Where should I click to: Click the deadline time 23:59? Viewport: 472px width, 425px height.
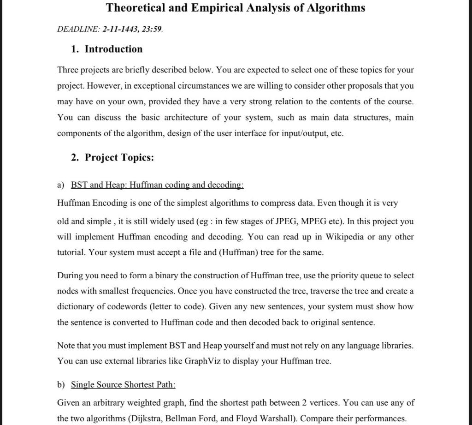(152, 29)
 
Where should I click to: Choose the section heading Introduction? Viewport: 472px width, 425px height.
(113, 49)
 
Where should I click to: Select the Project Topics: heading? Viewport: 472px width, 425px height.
(119, 157)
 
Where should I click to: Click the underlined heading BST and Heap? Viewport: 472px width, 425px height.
(99, 185)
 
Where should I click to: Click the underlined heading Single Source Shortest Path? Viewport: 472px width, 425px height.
(123, 385)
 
